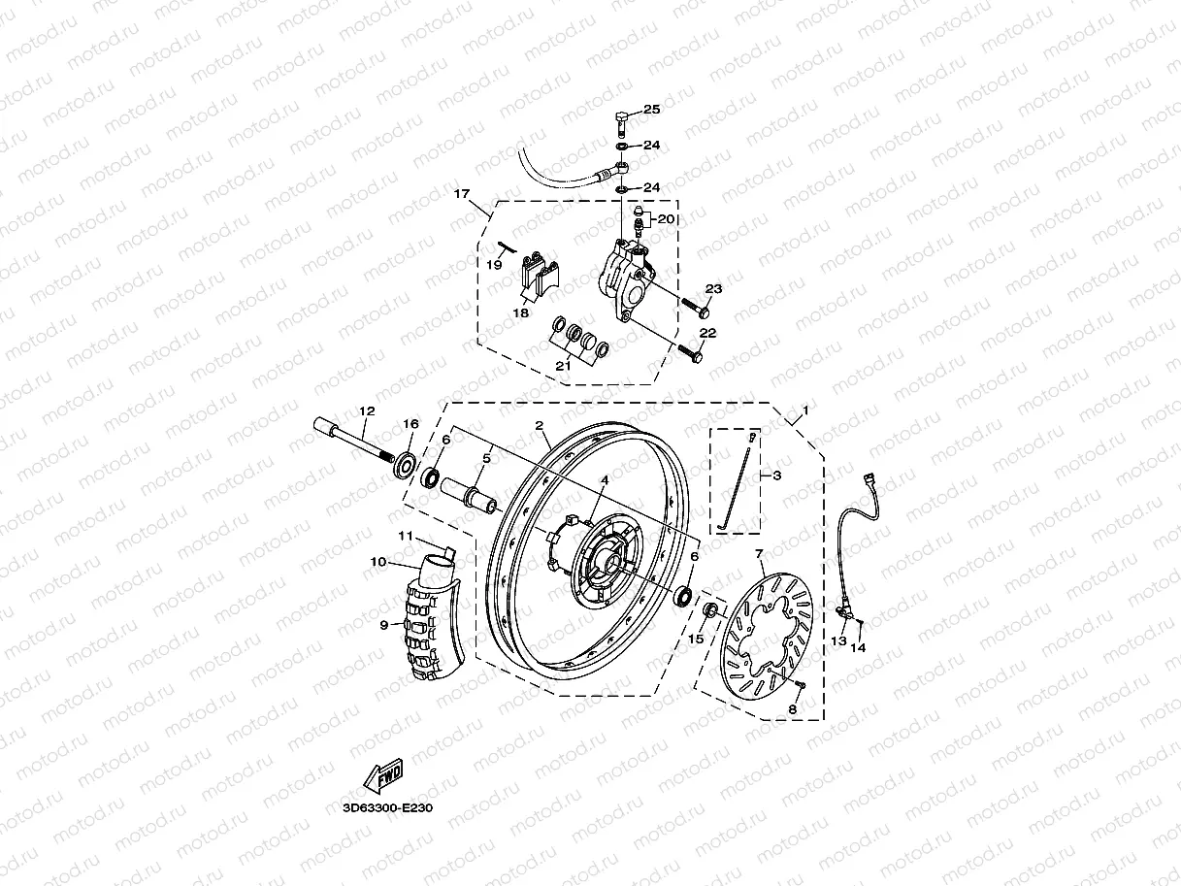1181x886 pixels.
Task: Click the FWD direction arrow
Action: click(382, 775)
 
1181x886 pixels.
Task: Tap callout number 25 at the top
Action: click(650, 109)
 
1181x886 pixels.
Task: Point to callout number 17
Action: click(463, 194)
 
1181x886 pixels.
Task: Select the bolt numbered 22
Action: click(690, 354)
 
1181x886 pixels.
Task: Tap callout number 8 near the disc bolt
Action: click(791, 709)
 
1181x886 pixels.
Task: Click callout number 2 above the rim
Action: click(539, 425)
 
